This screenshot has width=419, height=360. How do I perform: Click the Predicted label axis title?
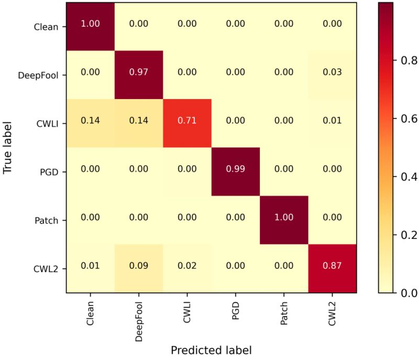point(212,350)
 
